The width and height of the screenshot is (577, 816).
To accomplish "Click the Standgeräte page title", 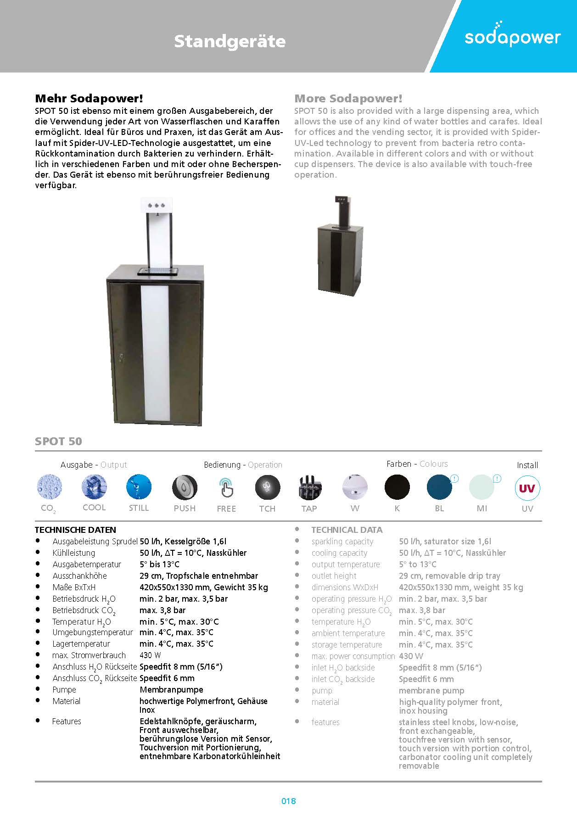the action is point(230,41).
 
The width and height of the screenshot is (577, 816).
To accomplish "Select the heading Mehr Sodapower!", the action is point(89,98).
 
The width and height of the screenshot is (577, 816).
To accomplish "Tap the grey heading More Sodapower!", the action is point(348,98).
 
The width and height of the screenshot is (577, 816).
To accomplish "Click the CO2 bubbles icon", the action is point(49,486).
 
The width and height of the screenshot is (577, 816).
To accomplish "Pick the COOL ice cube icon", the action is point(94,486).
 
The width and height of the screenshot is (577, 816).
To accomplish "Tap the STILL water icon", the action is point(139,486).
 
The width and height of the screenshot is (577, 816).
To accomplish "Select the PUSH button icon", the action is point(185,487).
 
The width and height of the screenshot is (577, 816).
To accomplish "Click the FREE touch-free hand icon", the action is point(226,487).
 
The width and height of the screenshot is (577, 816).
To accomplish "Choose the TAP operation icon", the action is point(309,487).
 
